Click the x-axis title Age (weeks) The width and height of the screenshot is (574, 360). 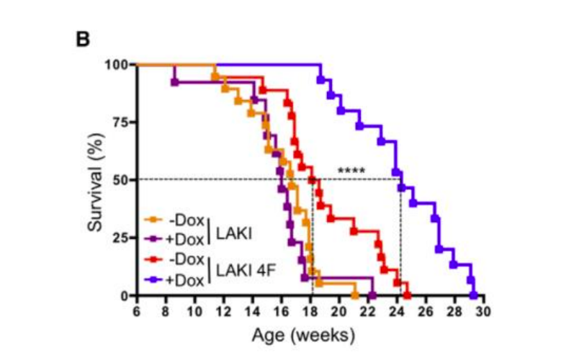[303, 335]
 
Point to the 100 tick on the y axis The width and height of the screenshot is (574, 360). [116, 65]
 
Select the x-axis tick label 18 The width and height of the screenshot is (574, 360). [310, 311]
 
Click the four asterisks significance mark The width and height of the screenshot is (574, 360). [351, 171]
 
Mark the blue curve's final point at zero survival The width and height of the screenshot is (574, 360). [473, 295]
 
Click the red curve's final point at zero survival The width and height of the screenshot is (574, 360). [407, 295]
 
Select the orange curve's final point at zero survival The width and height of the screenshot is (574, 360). [354, 295]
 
